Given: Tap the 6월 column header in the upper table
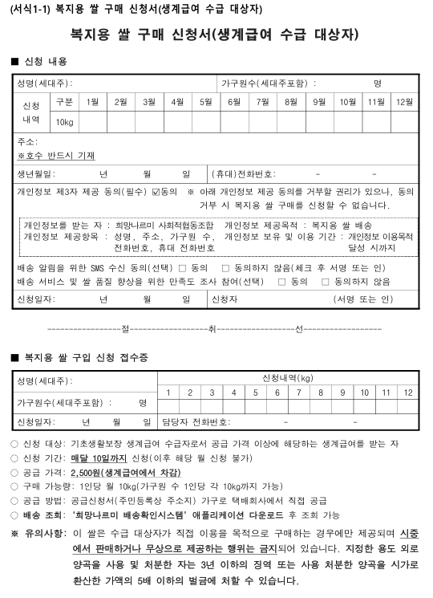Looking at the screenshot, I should [x=234, y=101].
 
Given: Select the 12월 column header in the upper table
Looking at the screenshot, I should [x=405, y=101].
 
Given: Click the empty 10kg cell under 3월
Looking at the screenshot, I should [x=149, y=121].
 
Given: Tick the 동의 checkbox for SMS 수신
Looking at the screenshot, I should [x=182, y=267].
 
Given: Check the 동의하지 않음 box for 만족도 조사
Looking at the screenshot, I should [x=326, y=282].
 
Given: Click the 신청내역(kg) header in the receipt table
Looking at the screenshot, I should [x=287, y=377].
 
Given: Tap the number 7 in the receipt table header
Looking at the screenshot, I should [x=298, y=392].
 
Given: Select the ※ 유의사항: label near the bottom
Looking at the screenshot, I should [x=38, y=533].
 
